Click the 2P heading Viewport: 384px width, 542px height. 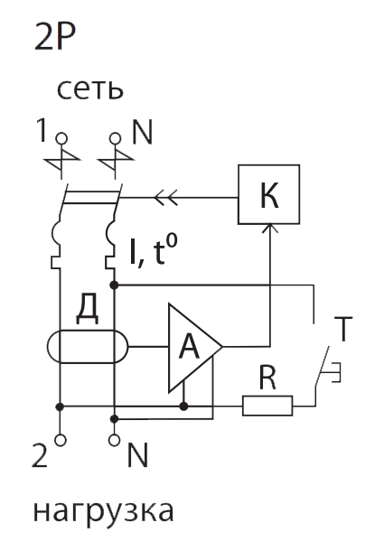tap(55, 37)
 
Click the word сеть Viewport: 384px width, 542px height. tap(89, 89)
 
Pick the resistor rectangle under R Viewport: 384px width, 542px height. tap(267, 406)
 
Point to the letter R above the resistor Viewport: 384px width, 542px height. tap(267, 378)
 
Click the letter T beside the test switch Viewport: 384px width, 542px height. tap(343, 329)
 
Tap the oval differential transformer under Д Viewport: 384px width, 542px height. tap(47, 347)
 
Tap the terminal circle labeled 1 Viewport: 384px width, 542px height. tap(61, 139)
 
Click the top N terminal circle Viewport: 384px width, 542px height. tap(115, 139)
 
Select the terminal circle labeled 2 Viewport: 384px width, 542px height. tap(61, 441)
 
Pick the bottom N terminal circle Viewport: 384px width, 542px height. tap(115, 441)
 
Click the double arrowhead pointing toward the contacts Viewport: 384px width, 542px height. tap(165, 198)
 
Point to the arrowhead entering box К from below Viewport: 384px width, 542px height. tap(270, 228)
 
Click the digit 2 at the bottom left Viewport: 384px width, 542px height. tap(40, 455)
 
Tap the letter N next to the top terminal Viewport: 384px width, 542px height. tap(142, 132)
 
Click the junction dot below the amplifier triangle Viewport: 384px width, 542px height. tap(184, 406)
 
